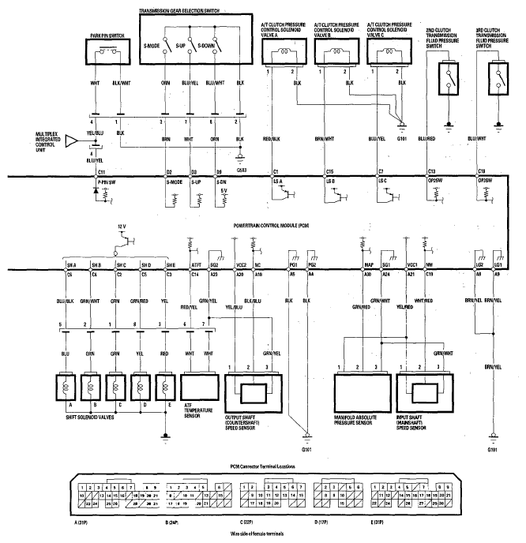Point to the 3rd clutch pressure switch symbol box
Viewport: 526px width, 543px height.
coord(498,77)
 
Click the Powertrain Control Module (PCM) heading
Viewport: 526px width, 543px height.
coord(272,225)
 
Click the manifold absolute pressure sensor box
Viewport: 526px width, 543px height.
coord(363,388)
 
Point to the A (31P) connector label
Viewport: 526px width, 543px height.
coord(81,522)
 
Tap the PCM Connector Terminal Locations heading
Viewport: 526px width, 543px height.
coord(263,466)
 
